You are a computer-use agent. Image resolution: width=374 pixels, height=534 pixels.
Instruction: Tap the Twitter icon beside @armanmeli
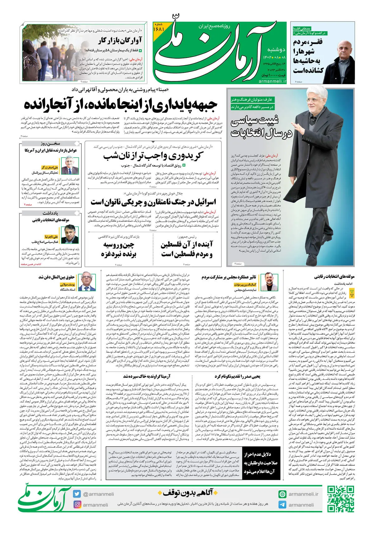77,494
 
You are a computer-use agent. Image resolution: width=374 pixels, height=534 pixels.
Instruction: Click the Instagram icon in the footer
77,504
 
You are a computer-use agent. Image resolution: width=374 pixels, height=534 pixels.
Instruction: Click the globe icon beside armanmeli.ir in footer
282,494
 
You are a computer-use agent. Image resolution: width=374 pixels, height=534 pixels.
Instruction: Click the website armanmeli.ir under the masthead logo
272,81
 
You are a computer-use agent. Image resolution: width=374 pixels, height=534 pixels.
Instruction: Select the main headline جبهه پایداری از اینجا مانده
121,105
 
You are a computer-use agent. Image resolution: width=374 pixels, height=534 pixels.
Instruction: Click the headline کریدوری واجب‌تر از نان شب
153,155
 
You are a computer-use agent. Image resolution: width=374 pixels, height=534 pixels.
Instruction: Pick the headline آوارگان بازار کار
120,40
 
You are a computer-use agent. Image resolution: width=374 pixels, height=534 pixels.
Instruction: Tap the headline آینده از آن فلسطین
187,250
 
